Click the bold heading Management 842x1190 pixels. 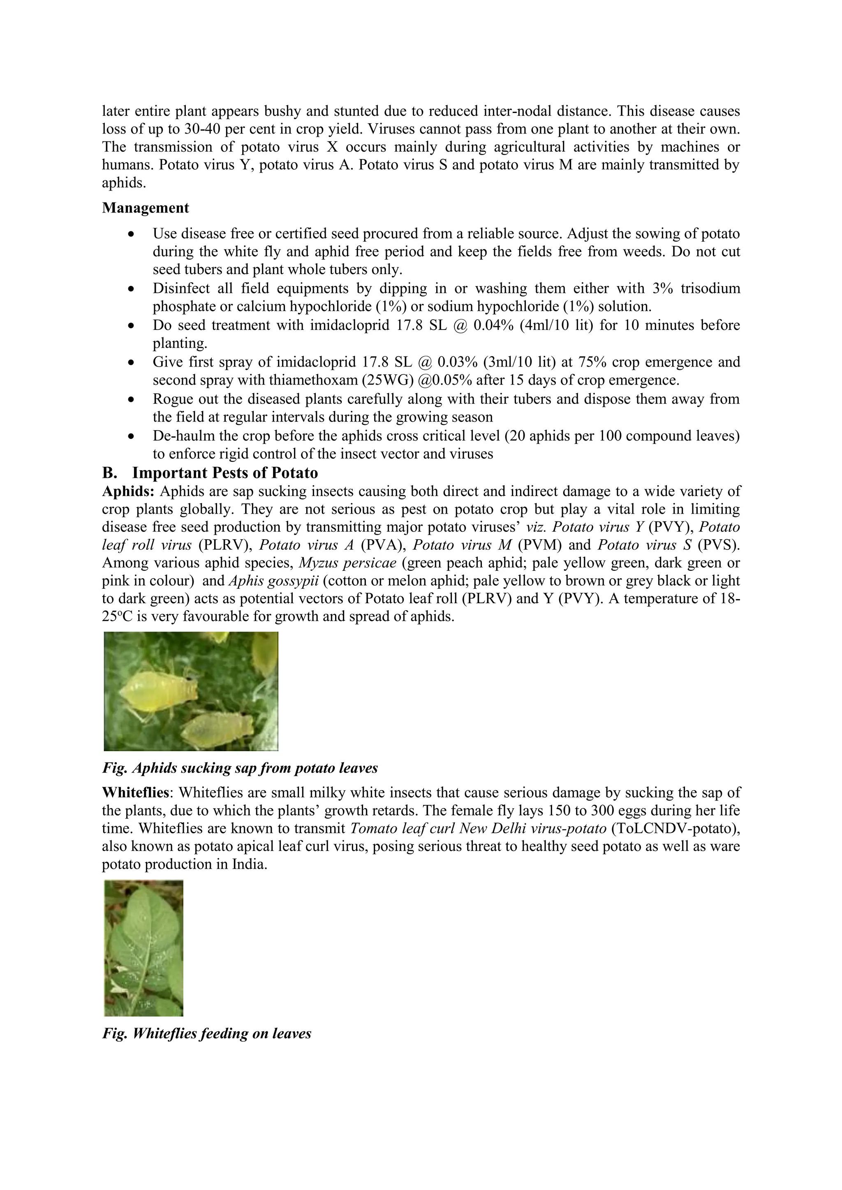click(145, 208)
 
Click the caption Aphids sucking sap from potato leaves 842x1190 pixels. click(240, 768)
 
